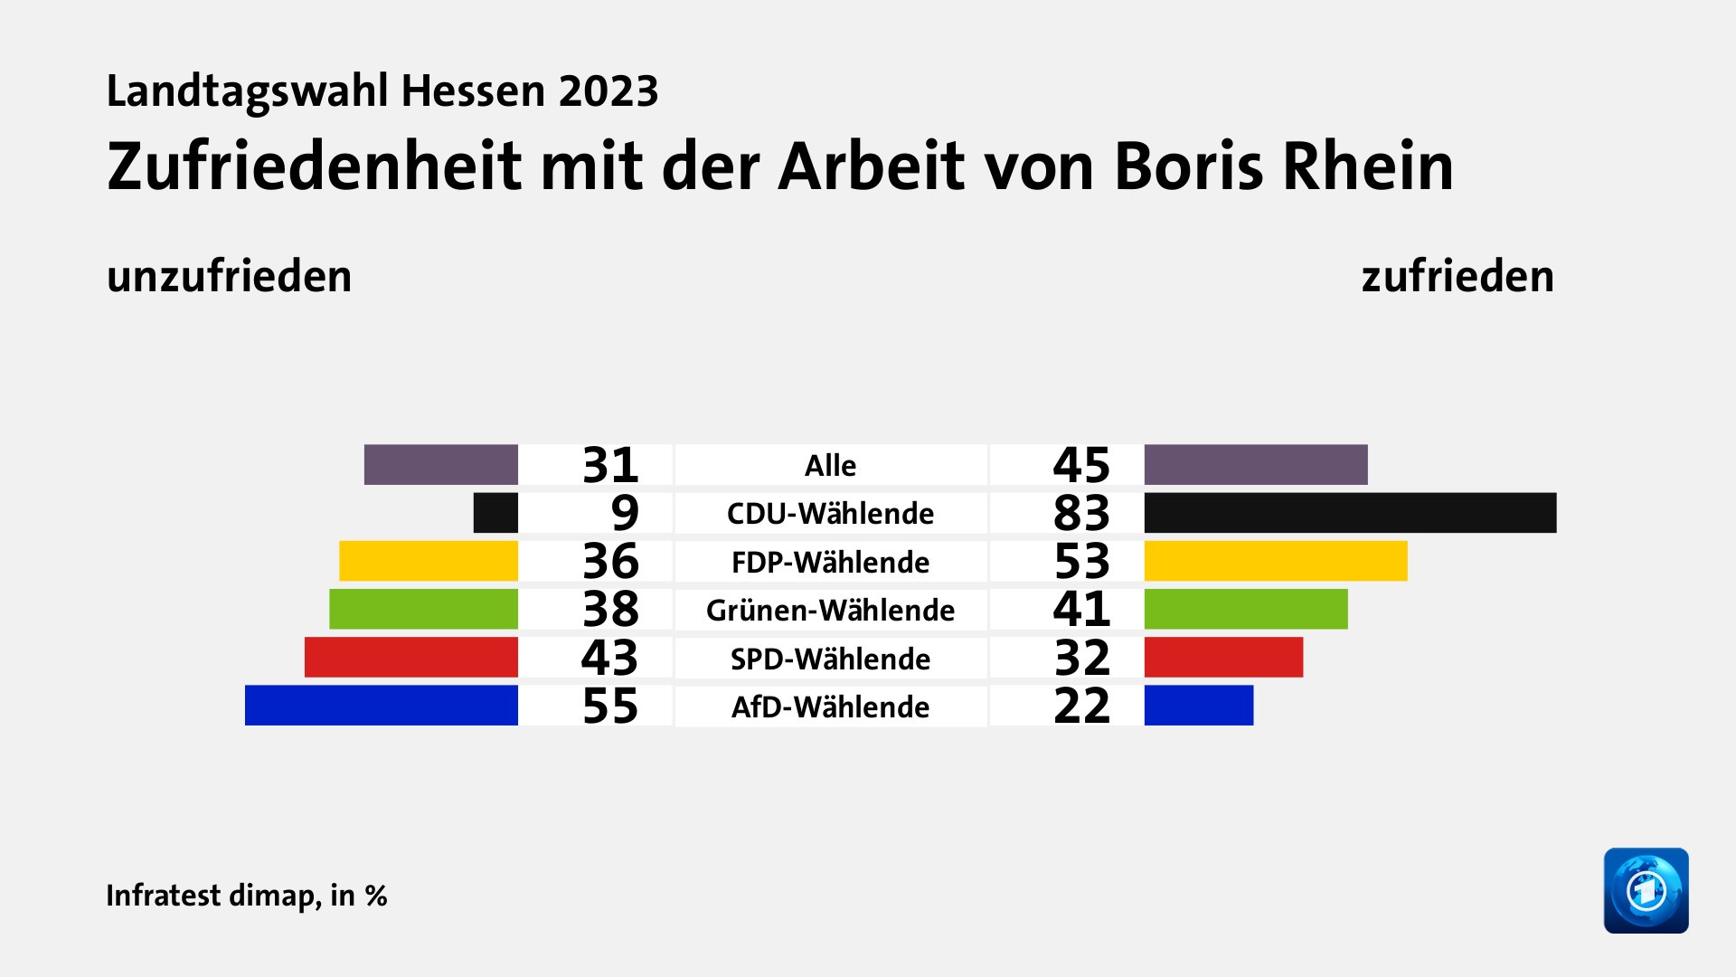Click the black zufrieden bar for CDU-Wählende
pos(1350,513)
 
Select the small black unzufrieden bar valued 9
pos(495,513)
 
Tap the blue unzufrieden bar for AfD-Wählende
pos(381,706)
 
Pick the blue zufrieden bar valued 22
pos(1199,706)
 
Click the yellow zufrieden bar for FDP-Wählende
pos(1276,561)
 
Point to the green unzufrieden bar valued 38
pos(423,609)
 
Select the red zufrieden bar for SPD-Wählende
pos(1223,658)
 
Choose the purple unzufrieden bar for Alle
pos(440,465)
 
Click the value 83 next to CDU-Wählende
pos(1081,513)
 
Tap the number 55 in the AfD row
pos(610,706)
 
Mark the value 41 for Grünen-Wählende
pos(1081,609)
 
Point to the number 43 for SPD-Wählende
pos(610,658)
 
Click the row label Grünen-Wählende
pos(830,610)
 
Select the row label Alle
pos(830,465)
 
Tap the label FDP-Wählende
pos(830,562)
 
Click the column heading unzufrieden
pos(229,276)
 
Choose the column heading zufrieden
pos(1458,276)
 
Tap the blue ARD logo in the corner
pos(1646,890)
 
